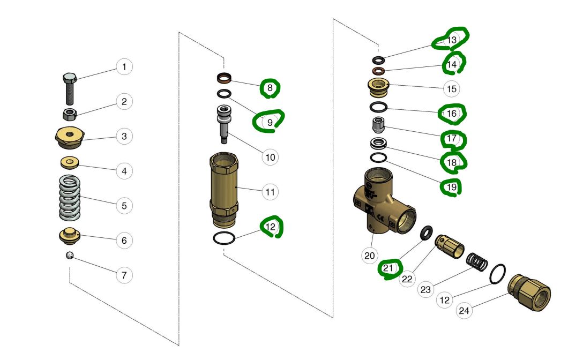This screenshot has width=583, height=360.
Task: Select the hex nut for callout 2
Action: coord(69,114)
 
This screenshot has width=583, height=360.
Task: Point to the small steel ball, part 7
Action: coord(69,255)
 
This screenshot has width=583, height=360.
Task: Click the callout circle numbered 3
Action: coord(124,136)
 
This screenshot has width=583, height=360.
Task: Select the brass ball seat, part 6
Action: coord(69,235)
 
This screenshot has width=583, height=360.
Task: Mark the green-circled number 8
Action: coord(270,87)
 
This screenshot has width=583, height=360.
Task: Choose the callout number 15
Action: coord(452,88)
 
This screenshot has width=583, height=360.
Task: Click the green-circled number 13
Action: coord(452,40)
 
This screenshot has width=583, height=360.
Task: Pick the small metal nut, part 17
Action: coord(379,126)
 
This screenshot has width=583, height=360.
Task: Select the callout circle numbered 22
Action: coord(408,279)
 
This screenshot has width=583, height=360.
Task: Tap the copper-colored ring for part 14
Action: coord(379,71)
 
